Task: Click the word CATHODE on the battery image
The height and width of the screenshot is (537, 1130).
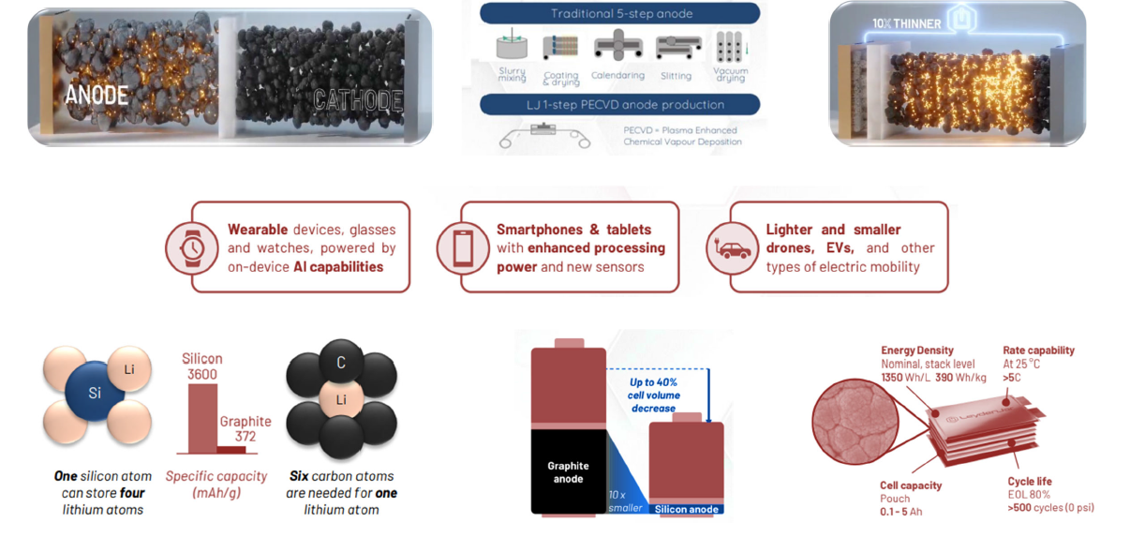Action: point(358,99)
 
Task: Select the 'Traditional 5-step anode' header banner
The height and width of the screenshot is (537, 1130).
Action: point(619,13)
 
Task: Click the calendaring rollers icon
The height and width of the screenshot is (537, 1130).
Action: point(617,46)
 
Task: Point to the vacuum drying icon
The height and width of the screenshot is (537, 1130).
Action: point(730,46)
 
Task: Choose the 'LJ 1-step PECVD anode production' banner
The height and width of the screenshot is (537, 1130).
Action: point(619,105)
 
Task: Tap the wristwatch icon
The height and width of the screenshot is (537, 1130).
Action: point(192,247)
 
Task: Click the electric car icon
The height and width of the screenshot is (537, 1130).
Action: point(733,248)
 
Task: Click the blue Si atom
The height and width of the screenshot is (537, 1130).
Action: point(95,393)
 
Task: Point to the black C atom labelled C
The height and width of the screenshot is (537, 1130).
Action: point(341,363)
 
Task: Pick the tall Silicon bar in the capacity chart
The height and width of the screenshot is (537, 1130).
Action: point(202,418)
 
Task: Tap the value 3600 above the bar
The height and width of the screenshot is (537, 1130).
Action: point(201,375)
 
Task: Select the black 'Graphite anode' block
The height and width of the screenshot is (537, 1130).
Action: point(568,471)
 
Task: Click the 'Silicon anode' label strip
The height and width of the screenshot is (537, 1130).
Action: point(687,509)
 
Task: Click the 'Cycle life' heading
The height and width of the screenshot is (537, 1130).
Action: point(1030,482)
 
